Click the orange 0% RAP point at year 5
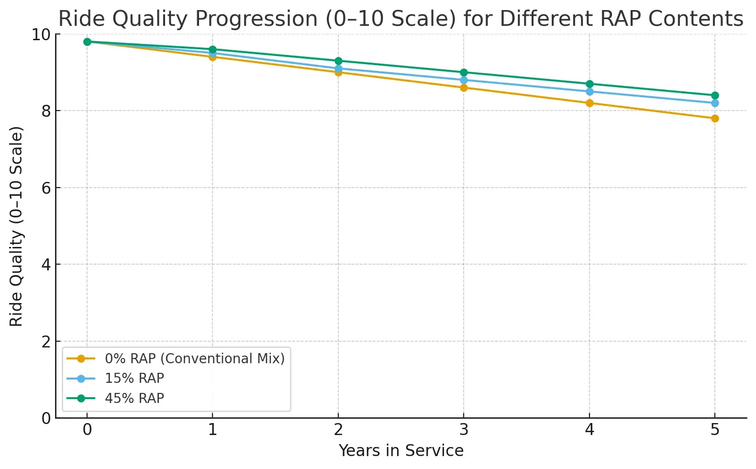714,118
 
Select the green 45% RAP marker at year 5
714,95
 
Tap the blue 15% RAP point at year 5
714,103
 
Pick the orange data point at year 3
463,88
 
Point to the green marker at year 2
338,61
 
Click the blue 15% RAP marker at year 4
589,91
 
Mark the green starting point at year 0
87,42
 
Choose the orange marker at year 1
212,57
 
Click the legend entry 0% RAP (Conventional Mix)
194,358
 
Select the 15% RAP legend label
134,378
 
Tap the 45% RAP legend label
134,398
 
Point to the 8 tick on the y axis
46,111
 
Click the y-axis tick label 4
46,265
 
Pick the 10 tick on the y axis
41,34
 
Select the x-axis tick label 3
463,430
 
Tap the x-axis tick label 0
87,430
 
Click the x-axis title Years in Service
401,451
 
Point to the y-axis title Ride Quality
16,226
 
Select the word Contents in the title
696,19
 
